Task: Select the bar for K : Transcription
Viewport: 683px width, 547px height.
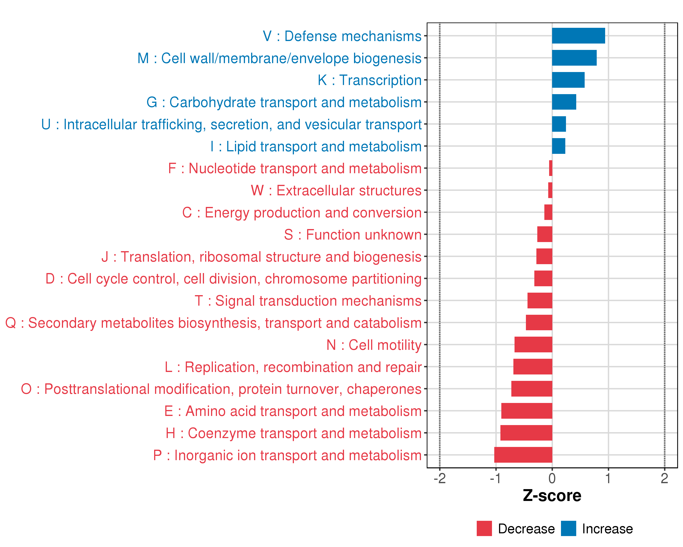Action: point(568,80)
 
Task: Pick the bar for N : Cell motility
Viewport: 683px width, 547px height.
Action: point(533,345)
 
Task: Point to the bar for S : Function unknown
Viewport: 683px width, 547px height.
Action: point(545,234)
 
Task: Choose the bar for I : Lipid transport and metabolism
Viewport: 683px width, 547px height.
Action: point(558,146)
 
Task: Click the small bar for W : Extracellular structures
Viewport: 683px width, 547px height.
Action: point(550,190)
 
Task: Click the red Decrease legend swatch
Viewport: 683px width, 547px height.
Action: point(484,529)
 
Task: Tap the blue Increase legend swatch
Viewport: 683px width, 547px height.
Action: point(568,529)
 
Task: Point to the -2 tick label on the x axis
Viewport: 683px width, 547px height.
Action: point(439,478)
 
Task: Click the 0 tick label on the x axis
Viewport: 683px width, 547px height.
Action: point(552,478)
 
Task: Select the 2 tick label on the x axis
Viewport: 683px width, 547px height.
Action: point(664,478)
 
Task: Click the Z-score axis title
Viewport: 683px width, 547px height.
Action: point(552,496)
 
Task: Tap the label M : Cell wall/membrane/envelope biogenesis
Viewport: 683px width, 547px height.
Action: point(279,58)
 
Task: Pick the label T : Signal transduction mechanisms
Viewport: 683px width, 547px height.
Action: point(308,301)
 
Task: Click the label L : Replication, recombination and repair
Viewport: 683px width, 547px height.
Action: point(293,367)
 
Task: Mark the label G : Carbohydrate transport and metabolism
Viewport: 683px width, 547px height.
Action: point(284,102)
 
